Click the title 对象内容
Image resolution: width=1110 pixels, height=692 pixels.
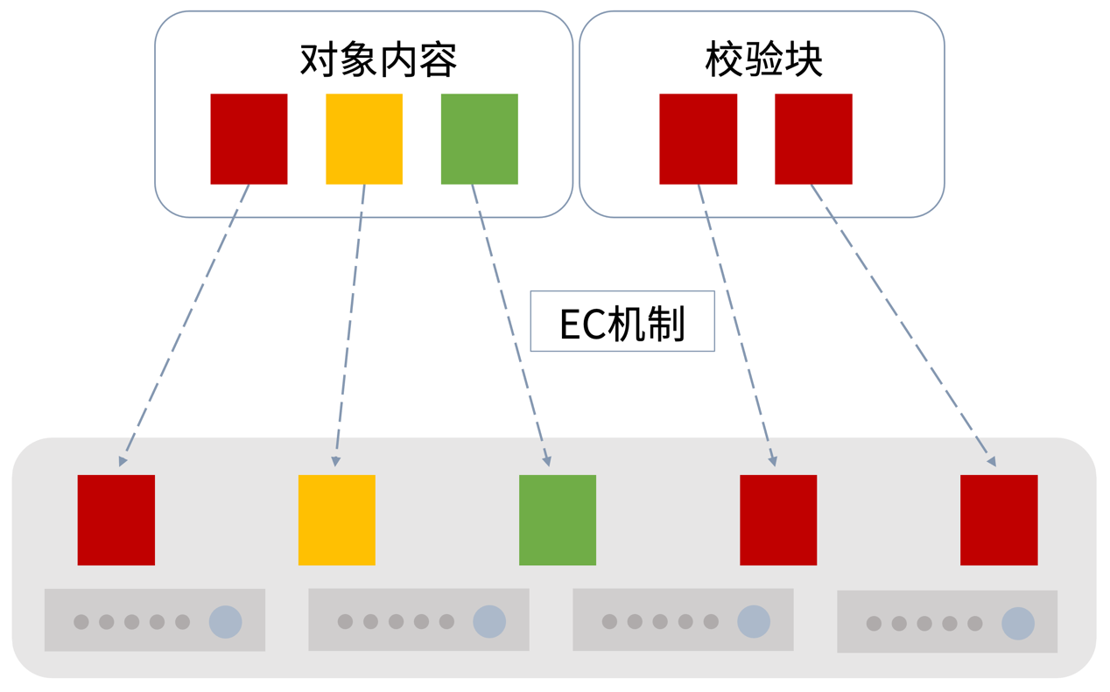378,59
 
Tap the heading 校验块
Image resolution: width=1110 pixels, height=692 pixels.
763,59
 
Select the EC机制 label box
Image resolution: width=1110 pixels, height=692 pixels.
622,322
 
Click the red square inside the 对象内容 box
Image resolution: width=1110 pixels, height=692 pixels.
249,139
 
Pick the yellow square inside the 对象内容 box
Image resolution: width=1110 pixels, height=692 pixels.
364,139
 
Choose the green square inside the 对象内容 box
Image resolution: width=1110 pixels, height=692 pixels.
479,139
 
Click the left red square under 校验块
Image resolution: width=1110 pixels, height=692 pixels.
698,139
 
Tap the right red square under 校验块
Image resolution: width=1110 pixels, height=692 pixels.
813,139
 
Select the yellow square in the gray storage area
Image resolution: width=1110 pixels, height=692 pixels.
337,520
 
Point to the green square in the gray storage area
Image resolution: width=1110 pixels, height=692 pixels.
558,520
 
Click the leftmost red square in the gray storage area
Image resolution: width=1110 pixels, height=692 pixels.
116,520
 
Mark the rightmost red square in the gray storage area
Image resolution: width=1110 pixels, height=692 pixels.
999,520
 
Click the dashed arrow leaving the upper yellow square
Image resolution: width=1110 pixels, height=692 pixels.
350,324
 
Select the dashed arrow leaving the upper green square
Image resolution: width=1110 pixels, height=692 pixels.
510,324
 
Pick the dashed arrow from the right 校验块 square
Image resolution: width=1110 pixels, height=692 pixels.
902,324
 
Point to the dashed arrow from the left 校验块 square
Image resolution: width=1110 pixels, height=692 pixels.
736,324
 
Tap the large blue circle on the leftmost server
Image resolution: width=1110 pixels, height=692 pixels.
225,622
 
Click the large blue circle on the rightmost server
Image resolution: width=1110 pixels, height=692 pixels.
1018,624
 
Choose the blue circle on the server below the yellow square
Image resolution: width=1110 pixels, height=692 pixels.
489,622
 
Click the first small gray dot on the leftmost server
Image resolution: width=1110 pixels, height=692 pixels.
81,622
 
